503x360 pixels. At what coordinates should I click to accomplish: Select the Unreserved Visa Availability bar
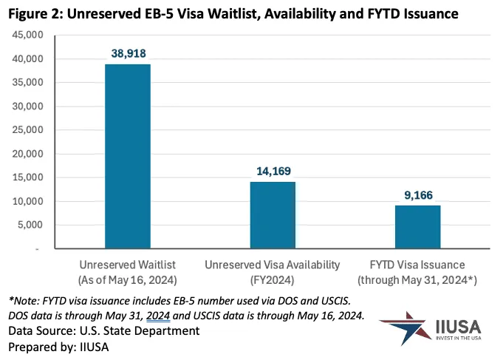[x=273, y=215]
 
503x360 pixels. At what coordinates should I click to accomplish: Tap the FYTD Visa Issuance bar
[x=417, y=227]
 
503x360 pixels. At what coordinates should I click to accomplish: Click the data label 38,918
[x=128, y=53]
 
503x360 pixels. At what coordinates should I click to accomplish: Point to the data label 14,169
[x=273, y=171]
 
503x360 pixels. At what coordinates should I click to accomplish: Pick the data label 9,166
[x=417, y=194]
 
